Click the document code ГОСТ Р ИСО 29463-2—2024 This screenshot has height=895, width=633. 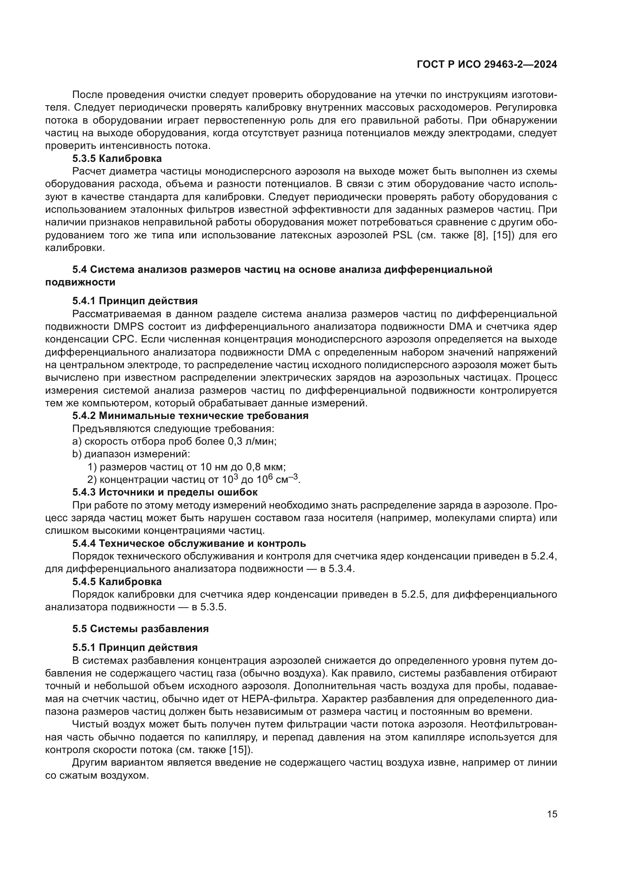[486, 64]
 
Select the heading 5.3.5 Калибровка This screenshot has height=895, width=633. [117, 159]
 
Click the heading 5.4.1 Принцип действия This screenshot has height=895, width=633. [135, 300]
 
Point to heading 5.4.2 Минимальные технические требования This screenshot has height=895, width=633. [190, 416]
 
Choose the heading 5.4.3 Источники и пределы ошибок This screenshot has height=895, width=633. [165, 492]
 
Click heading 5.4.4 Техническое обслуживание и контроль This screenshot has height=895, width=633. [189, 543]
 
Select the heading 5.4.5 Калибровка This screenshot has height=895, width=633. [117, 582]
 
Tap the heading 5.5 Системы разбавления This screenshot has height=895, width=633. [140, 629]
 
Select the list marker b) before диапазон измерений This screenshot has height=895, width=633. [77, 454]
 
